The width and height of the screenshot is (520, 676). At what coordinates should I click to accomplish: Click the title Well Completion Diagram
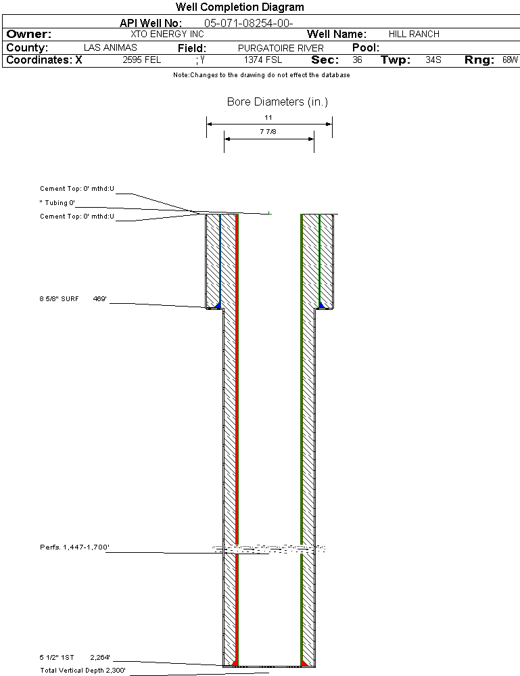coord(239,7)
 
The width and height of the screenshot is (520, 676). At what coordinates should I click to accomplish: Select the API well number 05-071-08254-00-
coord(249,23)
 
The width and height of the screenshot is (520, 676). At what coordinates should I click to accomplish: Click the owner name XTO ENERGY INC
coord(167,34)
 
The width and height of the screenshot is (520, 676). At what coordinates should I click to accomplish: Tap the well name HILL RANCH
coord(414,34)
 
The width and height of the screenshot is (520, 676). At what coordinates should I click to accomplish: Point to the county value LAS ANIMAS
coord(110,47)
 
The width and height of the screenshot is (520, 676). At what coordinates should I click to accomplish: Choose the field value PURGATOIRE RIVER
coord(281,48)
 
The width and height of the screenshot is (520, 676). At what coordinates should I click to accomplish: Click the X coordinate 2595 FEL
coord(142,60)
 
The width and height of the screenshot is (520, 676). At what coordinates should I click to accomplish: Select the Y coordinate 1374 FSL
coord(263,60)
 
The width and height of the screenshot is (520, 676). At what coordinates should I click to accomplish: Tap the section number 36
coord(357,60)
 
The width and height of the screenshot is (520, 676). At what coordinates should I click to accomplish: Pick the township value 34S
coord(433,60)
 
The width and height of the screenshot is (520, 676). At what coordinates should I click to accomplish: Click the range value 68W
coord(510,60)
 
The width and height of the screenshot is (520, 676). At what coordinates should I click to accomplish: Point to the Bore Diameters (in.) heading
coord(277,102)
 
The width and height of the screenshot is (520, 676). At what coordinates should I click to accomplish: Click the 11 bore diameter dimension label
coord(268,117)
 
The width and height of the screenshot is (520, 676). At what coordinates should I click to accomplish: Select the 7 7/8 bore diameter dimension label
coord(268,131)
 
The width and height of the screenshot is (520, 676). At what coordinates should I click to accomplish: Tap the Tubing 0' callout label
coord(57,202)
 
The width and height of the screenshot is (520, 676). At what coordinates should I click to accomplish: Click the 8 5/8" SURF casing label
coord(59,299)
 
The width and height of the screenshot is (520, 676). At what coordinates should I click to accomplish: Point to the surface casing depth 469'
coord(100,299)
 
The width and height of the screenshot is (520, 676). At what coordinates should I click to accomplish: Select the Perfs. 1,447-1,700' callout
coord(74,547)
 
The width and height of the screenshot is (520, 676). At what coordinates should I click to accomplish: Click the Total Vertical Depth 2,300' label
coord(82,671)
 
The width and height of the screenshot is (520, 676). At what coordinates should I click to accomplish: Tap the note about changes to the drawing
coord(262,75)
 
